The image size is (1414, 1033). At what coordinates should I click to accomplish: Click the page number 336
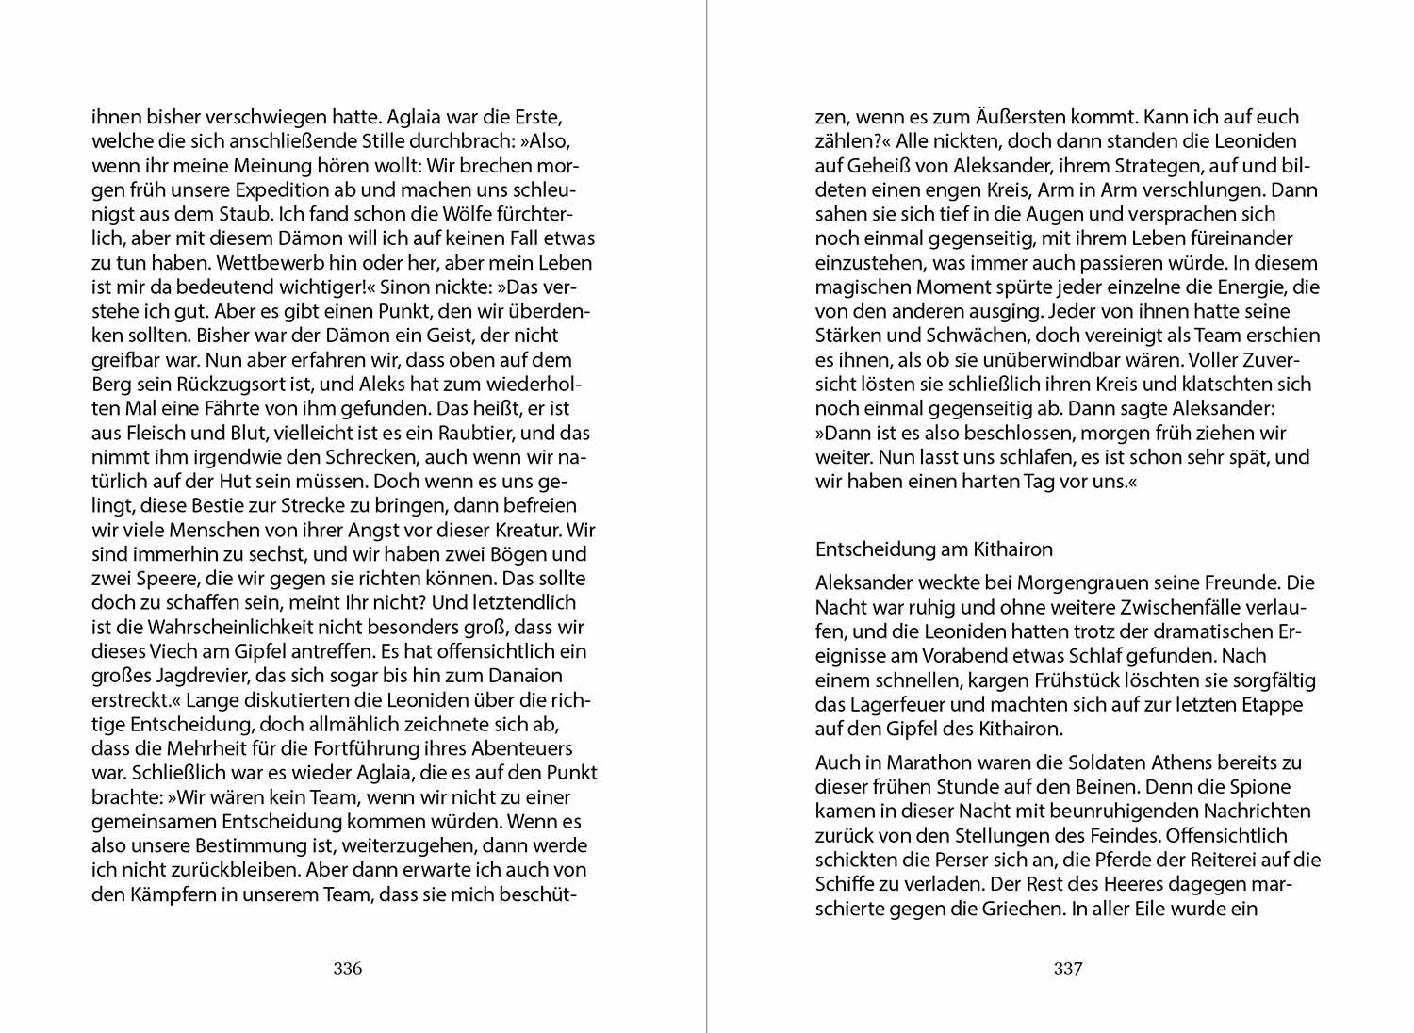click(348, 968)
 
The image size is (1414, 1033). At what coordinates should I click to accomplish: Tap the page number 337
click(1068, 968)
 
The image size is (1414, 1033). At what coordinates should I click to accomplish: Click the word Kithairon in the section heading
click(1006, 549)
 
